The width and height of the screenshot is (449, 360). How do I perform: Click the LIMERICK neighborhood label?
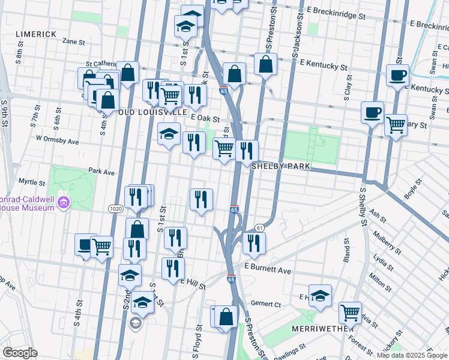point(36,35)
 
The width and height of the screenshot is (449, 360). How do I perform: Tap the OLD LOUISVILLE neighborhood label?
point(153,112)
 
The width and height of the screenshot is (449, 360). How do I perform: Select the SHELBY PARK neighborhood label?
point(280,166)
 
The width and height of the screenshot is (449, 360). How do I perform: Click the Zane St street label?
point(73,42)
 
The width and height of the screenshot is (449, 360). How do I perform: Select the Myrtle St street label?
point(32,182)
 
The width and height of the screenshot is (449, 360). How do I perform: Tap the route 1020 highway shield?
point(116,208)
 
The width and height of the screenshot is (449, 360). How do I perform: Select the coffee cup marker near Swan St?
point(397,76)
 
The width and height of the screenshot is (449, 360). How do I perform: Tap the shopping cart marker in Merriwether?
point(350,312)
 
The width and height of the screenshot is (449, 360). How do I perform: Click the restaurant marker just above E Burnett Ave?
point(254,243)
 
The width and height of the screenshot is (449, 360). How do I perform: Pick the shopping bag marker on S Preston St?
point(265,64)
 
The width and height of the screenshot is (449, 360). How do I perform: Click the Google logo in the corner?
point(20,353)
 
